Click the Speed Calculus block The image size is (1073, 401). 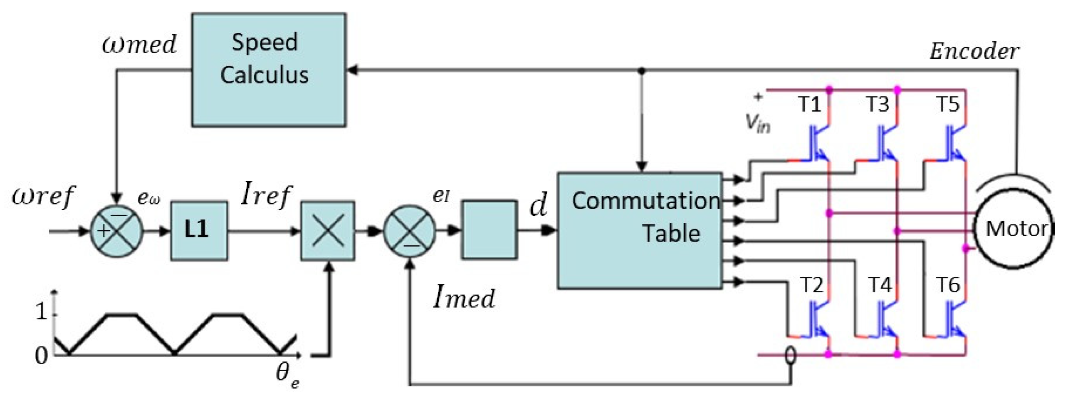[269, 70]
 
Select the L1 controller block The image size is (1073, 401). [199, 231]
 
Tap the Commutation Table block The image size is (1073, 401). [639, 230]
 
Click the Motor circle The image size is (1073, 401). [1015, 229]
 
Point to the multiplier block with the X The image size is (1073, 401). [328, 231]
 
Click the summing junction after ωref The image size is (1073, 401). [117, 231]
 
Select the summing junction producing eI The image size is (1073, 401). [410, 231]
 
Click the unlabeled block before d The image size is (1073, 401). [489, 230]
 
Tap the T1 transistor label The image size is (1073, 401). [809, 104]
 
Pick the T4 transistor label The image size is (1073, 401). [880, 285]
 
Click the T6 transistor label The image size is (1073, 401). [948, 285]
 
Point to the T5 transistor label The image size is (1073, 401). [948, 104]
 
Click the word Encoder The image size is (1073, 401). [974, 52]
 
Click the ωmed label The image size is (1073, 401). [139, 45]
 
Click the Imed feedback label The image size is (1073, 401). [464, 297]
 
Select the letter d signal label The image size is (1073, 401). [538, 206]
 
